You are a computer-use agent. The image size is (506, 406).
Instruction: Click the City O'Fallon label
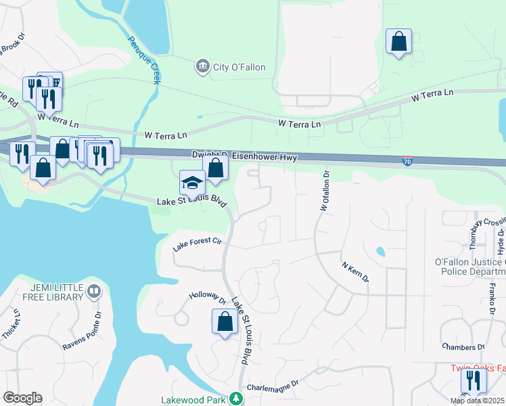pos(239,67)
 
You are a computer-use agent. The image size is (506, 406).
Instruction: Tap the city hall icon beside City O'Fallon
pos(202,66)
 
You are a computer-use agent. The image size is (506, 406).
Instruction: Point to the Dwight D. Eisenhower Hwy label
pos(244,156)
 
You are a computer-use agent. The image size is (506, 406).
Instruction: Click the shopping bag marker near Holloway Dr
pos(225,322)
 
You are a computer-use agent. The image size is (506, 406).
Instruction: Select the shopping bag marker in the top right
pos(398,41)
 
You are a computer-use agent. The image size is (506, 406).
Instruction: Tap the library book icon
pos(94,292)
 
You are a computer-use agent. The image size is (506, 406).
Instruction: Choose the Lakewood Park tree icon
pos(235,399)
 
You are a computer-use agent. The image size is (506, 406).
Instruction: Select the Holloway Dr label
pos(207,297)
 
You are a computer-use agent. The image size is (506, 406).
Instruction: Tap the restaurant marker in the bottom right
pos(474,382)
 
